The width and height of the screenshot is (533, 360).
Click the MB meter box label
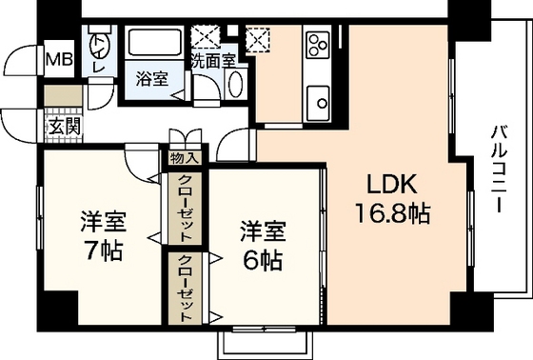pos(59,60)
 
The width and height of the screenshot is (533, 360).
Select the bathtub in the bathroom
pos(154,42)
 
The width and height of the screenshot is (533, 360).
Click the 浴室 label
pos(152,79)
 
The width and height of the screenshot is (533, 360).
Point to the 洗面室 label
pos(213,61)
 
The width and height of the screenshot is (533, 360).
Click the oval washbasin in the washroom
pos(236,84)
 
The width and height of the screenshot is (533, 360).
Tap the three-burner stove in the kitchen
pos(318,45)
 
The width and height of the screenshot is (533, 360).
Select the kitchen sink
pos(318,103)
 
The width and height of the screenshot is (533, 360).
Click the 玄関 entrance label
pos(64,127)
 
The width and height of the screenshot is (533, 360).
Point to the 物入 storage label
pos(184,158)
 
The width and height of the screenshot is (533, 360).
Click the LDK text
pos(391,184)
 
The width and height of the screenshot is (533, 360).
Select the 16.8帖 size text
pos(392,213)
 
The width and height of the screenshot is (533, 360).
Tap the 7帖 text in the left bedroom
pos(104,250)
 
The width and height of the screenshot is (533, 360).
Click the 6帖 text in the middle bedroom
pos(263,260)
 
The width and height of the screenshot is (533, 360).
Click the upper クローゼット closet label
pos(185,208)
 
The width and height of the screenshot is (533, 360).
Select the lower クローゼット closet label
pos(185,288)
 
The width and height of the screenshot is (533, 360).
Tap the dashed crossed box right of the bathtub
pos(206,36)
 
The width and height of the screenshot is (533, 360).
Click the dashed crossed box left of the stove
pos(257,39)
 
